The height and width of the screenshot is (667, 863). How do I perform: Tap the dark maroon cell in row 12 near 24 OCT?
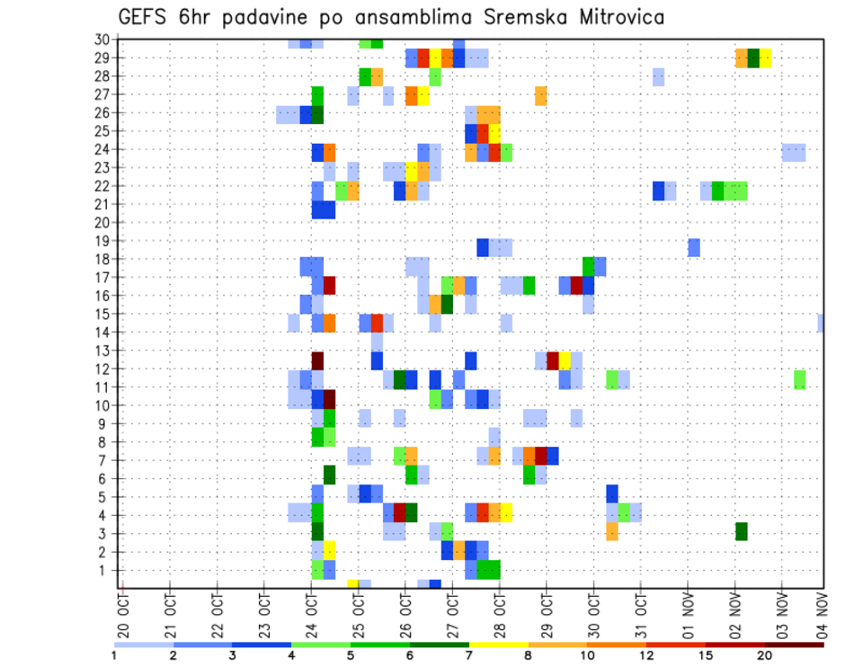pos(317,360)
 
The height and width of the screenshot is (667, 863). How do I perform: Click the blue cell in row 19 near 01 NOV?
pos(694,247)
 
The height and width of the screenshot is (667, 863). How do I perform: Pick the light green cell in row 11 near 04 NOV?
pos(799,379)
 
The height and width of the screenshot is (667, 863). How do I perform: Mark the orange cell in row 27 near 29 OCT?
pos(541,95)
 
